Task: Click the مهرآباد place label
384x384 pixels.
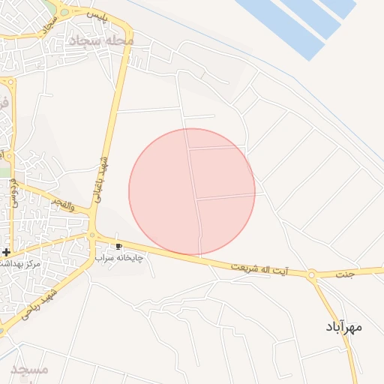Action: coord(344,327)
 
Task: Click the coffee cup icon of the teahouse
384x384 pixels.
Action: coord(118,245)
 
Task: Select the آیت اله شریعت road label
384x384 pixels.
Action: coord(259,268)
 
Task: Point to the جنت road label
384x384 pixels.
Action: coord(344,274)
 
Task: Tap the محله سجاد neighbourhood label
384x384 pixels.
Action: coord(100,40)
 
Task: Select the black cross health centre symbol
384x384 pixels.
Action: coord(6,252)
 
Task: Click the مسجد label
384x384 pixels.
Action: coord(31,370)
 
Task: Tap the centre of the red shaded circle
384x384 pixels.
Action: coord(192,191)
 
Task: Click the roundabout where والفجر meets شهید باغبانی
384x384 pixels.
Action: coord(92,235)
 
